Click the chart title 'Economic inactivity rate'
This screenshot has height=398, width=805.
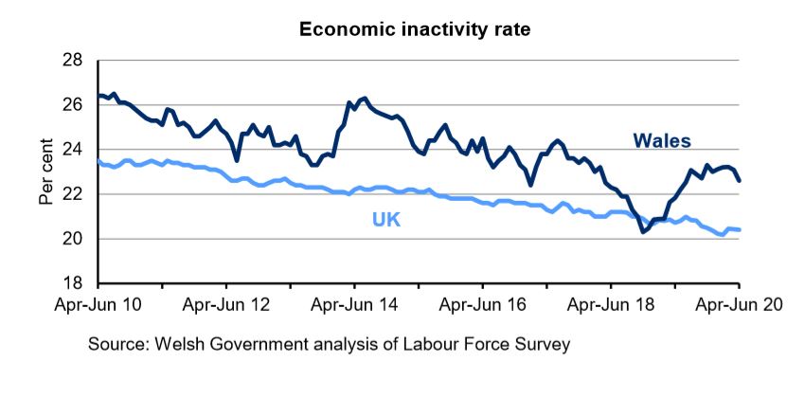click(x=415, y=29)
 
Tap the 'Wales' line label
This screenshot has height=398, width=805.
click(x=661, y=141)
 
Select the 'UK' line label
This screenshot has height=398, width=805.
click(x=387, y=220)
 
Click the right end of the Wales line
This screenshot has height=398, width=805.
click(x=739, y=180)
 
